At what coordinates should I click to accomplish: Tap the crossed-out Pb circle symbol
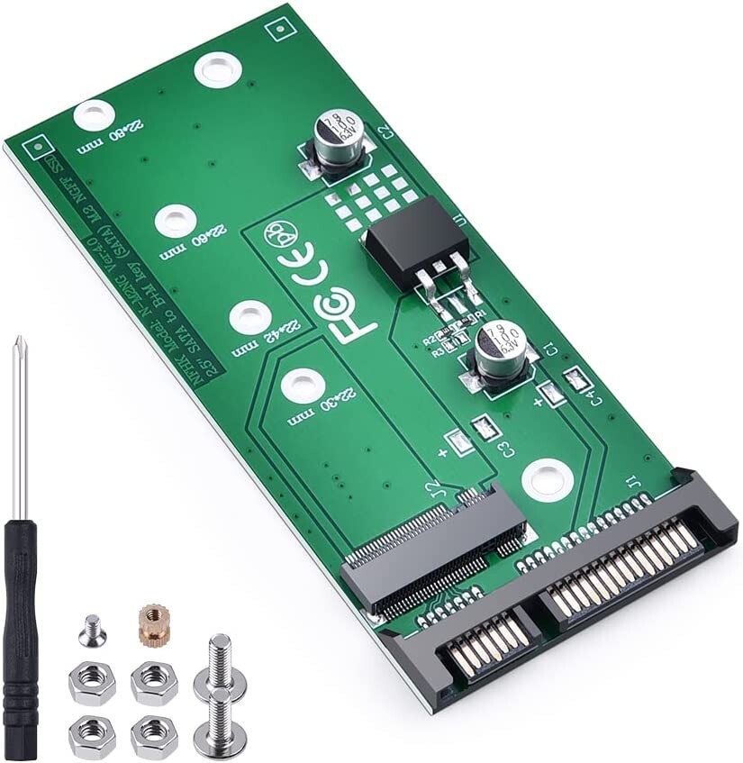(276, 236)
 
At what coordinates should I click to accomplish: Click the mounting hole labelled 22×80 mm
(94, 115)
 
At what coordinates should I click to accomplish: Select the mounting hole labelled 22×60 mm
(176, 220)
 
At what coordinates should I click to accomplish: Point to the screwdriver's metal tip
(16, 347)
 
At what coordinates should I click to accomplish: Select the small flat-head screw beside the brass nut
(92, 631)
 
